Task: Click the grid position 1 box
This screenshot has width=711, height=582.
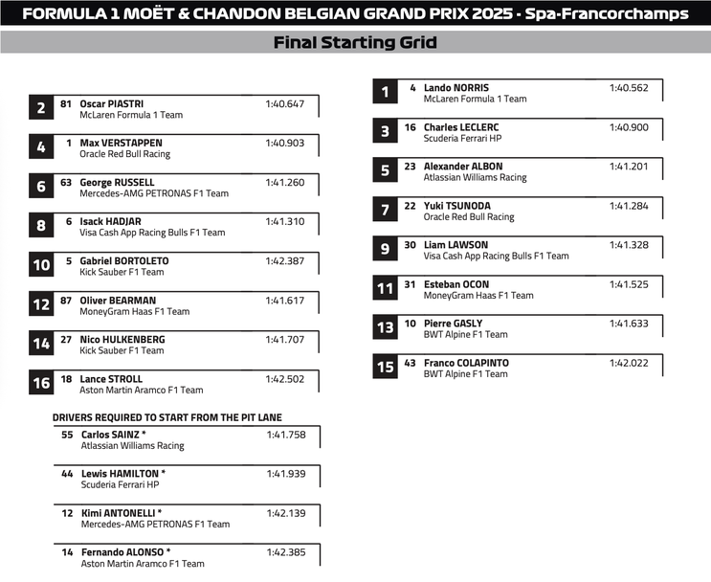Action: click(385, 92)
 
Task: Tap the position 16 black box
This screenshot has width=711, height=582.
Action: click(41, 384)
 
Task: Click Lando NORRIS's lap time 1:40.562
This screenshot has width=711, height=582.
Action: click(629, 88)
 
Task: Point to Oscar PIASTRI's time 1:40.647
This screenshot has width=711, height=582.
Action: click(285, 104)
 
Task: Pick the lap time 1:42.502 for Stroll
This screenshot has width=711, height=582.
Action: click(285, 379)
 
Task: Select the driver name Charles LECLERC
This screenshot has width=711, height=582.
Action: click(461, 127)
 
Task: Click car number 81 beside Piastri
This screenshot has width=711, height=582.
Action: click(66, 104)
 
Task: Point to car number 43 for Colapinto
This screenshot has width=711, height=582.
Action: click(410, 363)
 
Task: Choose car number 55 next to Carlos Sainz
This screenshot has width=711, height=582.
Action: click(67, 435)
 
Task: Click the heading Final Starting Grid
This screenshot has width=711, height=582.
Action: click(355, 42)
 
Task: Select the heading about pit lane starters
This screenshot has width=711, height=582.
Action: click(167, 417)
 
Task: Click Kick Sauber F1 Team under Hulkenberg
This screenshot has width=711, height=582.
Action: click(122, 350)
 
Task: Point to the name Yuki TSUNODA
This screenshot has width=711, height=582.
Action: click(455, 206)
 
